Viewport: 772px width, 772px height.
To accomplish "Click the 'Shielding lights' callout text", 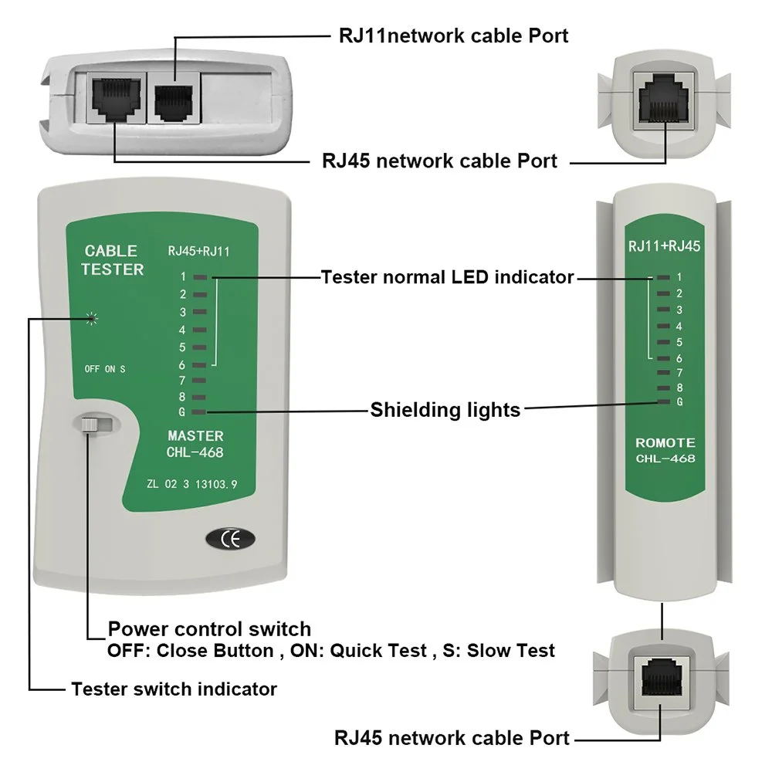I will pos(445,409).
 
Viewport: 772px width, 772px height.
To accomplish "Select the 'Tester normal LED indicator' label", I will pos(447,277).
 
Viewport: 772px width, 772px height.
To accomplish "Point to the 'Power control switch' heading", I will pos(209,628).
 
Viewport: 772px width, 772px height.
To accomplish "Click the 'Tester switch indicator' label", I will pos(174,689).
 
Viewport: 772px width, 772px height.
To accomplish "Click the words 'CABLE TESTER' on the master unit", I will pos(113,260).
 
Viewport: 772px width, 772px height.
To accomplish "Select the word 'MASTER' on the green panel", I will pos(195,436).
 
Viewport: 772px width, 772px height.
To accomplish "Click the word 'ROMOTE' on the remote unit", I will pos(665,443).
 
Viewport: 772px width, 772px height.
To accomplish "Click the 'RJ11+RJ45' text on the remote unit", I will pos(665,247).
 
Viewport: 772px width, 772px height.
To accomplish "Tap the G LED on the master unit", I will pos(199,413).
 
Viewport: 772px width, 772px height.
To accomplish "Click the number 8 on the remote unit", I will pos(679,387).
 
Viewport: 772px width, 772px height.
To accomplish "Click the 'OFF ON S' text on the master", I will pos(104,369).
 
